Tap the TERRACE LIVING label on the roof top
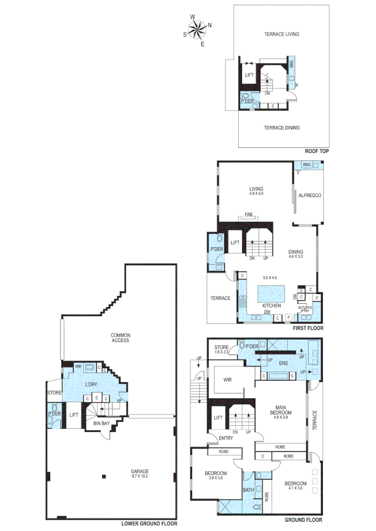coord(282,34)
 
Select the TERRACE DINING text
coord(282,127)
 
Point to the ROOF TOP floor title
coord(316,151)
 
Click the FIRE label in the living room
coord(249,215)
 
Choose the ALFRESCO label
coord(310,195)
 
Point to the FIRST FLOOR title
coord(308,327)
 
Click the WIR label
coord(227,380)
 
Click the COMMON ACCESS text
coord(120,337)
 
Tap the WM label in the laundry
coord(78,367)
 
